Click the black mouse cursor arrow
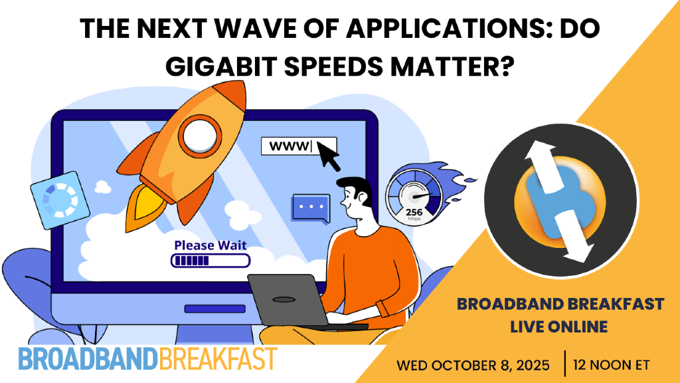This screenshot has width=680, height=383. coord(328,157)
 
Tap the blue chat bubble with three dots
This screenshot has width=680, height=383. coord(310,208)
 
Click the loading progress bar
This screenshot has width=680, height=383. coord(210,261)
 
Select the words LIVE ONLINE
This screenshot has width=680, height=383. coord(560,326)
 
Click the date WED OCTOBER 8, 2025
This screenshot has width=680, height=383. coord(474,365)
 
